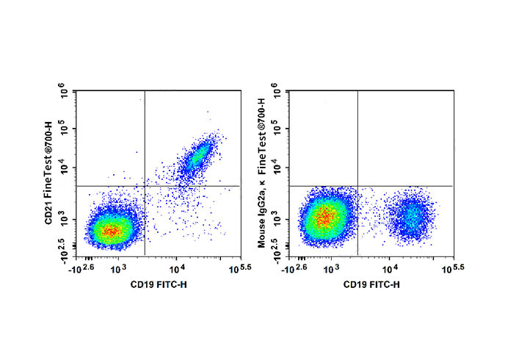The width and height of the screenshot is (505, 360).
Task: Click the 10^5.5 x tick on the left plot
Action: click(x=237, y=269)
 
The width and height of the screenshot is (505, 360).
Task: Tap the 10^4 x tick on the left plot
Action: click(x=176, y=270)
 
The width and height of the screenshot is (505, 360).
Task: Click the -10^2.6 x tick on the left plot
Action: click(x=83, y=269)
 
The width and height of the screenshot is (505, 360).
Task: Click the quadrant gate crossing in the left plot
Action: click(x=145, y=187)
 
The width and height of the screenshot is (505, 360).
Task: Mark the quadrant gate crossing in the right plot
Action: click(x=357, y=187)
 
